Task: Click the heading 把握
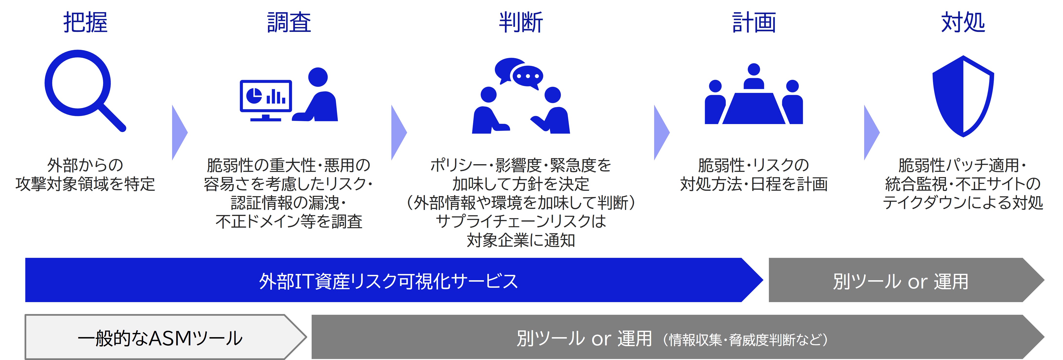[85, 22]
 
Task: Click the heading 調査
[289, 22]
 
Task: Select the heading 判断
[521, 22]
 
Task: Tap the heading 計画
[754, 22]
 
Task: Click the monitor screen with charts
[266, 96]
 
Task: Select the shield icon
[963, 96]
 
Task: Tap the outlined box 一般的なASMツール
[161, 338]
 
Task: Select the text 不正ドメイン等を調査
[289, 221]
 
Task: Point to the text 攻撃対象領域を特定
[85, 184]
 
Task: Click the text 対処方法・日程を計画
[754, 184]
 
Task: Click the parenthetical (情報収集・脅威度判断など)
[745, 339]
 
